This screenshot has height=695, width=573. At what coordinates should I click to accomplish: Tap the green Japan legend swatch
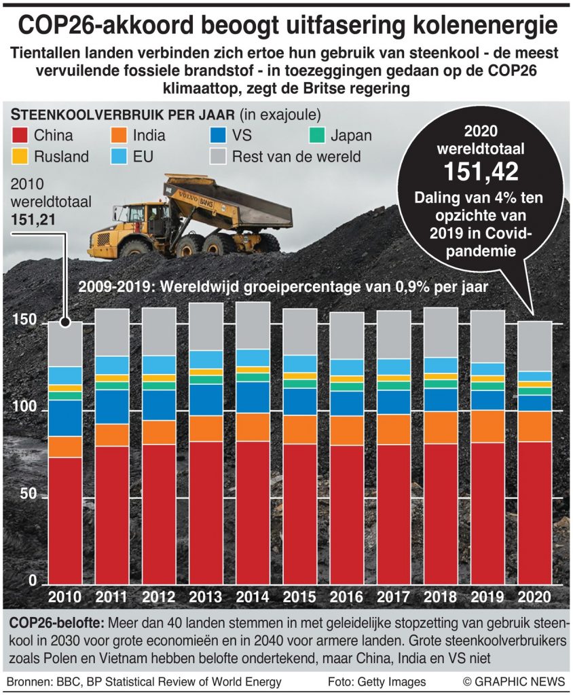pos(316,135)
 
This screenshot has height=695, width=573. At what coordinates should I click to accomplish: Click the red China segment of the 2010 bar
pos(66,519)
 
